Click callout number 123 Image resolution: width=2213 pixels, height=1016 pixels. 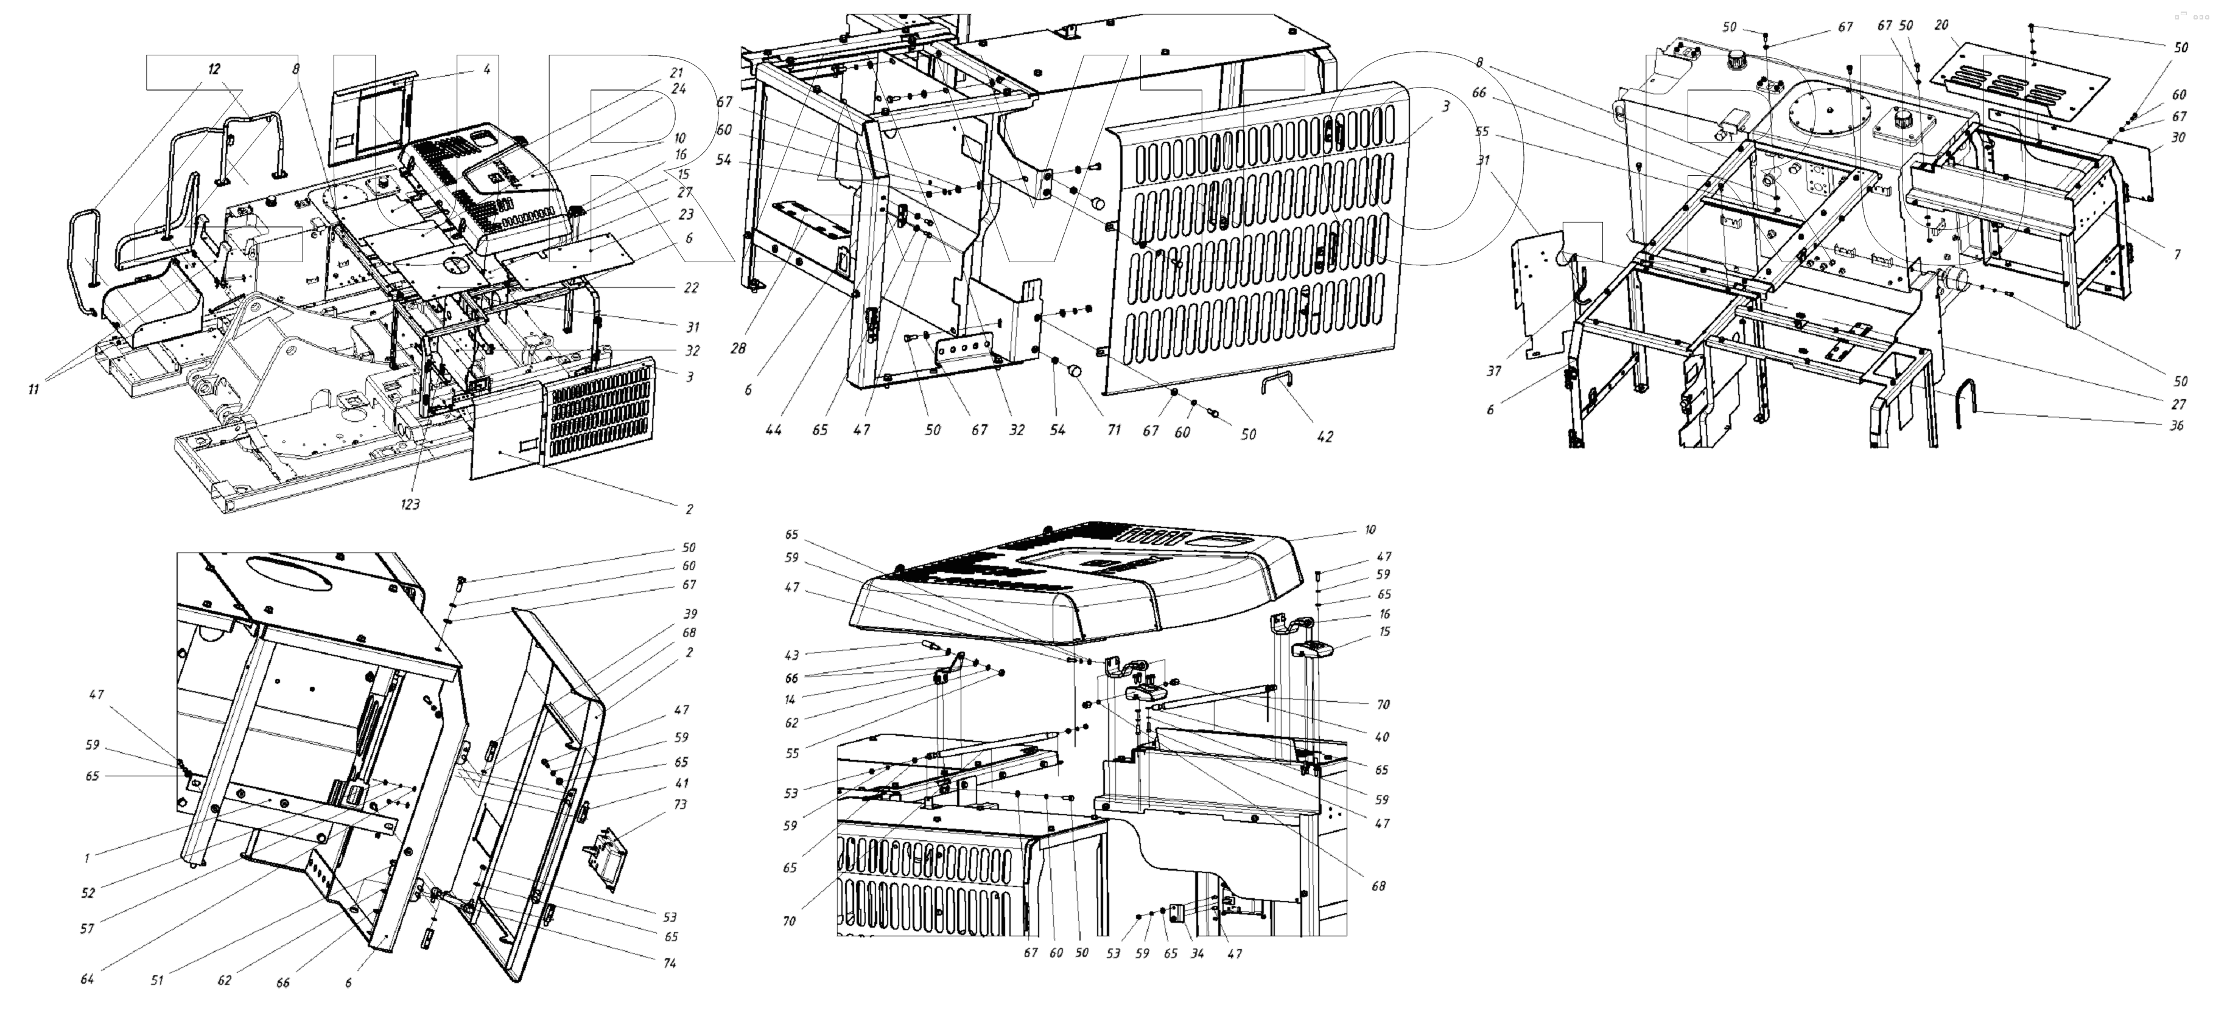click(410, 504)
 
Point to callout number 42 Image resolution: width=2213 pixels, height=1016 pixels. click(1325, 436)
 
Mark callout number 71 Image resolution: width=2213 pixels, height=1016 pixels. click(1114, 430)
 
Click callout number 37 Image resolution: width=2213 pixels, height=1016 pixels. click(1518, 372)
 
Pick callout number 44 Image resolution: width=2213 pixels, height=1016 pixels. click(774, 430)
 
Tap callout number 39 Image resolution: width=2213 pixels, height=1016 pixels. click(690, 614)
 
